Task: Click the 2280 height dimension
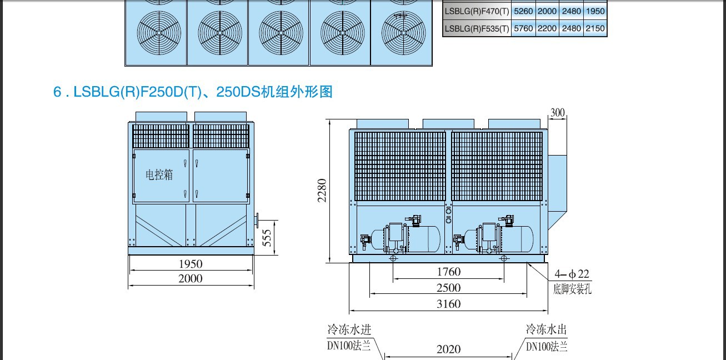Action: [322, 191]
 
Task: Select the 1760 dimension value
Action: [449, 272]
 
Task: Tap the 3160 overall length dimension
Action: [449, 304]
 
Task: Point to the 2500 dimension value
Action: [449, 288]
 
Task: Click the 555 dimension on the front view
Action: [267, 238]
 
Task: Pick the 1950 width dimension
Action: [191, 264]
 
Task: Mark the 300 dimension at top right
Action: [558, 113]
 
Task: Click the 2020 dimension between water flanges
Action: [449, 349]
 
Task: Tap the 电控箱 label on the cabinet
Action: [159, 175]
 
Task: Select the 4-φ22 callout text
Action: [572, 274]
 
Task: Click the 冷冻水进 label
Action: [349, 330]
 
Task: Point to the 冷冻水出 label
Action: [546, 329]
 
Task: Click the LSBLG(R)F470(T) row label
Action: [477, 11]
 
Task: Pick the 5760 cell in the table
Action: [523, 28]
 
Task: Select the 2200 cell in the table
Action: [547, 28]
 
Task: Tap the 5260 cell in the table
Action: [523, 11]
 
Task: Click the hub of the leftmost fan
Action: [159, 33]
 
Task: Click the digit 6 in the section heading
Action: [57, 92]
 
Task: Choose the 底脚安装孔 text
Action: [572, 289]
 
